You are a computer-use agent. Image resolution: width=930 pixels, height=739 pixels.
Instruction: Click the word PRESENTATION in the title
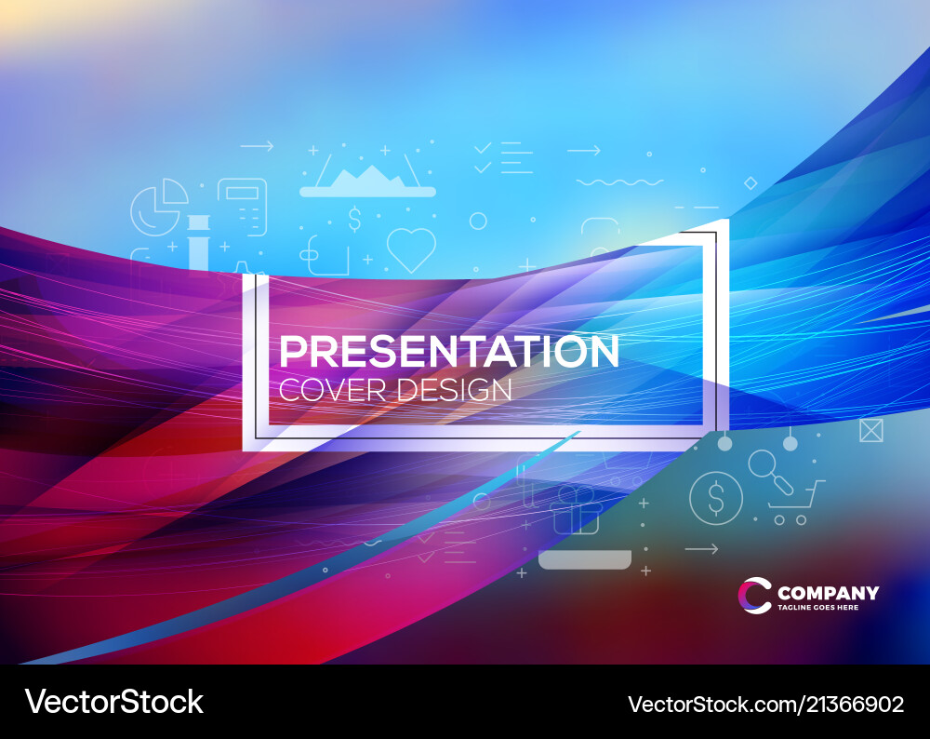point(449,352)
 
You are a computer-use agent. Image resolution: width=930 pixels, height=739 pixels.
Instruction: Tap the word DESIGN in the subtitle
point(455,390)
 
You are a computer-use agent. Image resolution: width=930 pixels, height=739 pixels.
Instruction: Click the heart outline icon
point(411,249)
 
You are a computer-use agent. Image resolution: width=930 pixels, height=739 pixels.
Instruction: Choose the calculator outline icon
point(243,206)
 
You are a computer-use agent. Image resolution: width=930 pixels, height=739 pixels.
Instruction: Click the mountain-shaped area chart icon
point(366,180)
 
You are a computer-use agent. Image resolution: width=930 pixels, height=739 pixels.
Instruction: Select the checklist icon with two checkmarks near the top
point(502,157)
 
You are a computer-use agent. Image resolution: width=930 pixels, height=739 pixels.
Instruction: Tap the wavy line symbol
point(619,181)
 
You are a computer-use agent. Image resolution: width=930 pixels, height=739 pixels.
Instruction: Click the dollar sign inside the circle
point(715,498)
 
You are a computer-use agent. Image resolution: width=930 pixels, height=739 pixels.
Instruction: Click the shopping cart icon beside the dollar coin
point(799,504)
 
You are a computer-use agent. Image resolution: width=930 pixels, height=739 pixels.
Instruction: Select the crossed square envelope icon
point(871,431)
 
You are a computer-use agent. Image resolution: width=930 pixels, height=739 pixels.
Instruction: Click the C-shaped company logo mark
point(755,596)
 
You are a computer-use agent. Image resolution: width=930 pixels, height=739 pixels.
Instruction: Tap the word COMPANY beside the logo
point(828,593)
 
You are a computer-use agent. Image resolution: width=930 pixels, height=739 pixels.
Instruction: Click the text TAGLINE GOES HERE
point(818,608)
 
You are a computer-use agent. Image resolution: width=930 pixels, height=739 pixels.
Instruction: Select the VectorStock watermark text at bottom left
point(113,702)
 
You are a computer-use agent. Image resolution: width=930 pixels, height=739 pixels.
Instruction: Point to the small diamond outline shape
point(751,183)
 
